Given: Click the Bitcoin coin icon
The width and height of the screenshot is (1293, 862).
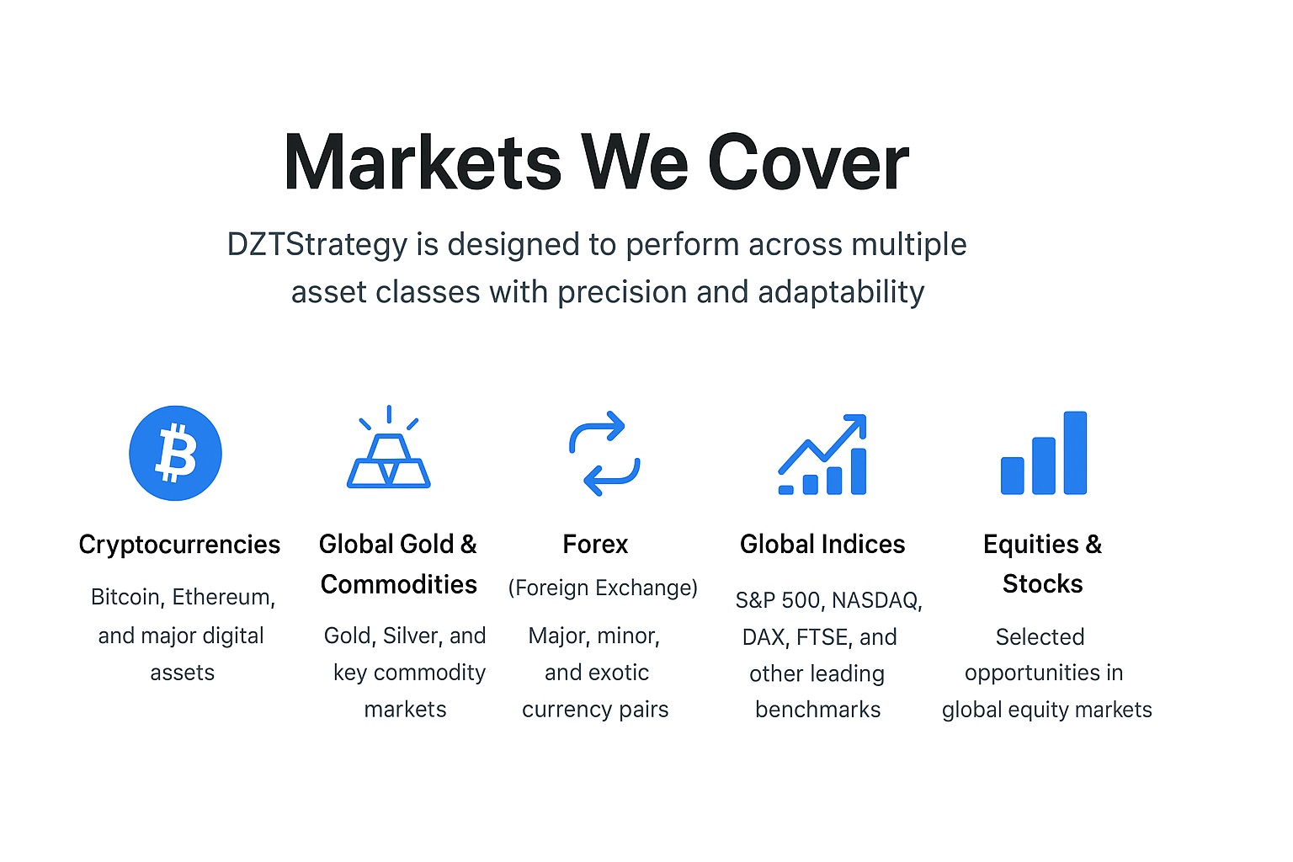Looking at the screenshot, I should point(175,453).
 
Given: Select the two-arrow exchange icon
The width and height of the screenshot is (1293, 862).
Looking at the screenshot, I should point(604,453).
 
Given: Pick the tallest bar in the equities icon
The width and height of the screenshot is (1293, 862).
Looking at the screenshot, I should point(1075,453).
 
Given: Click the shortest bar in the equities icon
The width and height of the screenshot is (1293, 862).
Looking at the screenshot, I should point(1012,476).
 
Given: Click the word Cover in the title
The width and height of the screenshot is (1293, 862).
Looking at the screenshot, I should point(808,163).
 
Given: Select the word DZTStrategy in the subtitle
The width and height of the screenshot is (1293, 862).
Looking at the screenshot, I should point(317,245).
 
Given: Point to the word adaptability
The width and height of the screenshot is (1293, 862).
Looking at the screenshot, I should point(841,292).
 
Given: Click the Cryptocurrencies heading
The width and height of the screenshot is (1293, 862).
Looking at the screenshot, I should point(179,545).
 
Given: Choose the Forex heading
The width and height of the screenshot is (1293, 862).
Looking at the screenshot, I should point(595,545).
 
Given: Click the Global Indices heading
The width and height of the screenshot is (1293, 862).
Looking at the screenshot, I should point(822,545).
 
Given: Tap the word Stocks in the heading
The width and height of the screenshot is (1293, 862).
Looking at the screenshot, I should point(1042,584).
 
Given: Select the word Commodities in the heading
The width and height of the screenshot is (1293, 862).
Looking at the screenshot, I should point(399,584).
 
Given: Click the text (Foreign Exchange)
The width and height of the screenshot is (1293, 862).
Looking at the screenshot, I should point(603,588).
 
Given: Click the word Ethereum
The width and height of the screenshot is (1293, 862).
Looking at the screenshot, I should point(223,598).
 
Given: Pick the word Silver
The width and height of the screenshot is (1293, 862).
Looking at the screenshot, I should point(412,636).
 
